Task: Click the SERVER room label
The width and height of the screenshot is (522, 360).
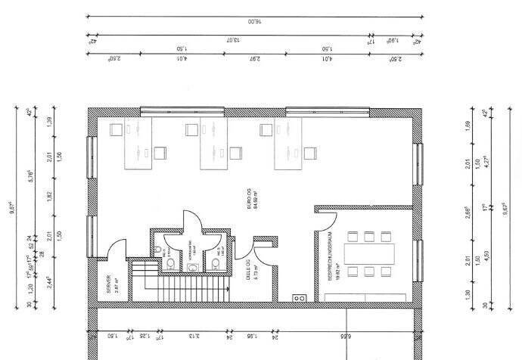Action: point(110,284)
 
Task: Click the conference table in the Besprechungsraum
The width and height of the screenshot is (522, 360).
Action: point(369,253)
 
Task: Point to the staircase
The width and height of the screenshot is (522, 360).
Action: point(180,281)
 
